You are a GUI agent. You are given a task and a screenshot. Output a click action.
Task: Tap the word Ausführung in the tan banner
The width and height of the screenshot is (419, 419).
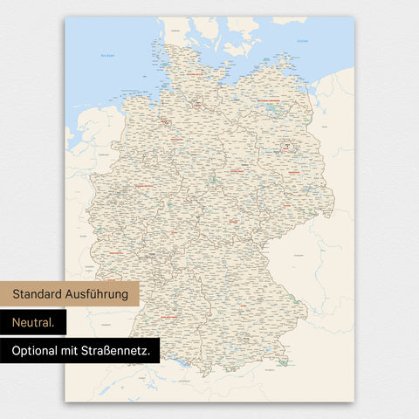pos(99,294)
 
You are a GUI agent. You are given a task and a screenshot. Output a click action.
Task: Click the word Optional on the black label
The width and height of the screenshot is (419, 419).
pos(38,351)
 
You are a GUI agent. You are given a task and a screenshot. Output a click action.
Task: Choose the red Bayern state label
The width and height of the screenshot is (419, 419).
pos(234,297)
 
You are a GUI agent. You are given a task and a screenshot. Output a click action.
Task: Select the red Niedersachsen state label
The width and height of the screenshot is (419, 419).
pos(175,138)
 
